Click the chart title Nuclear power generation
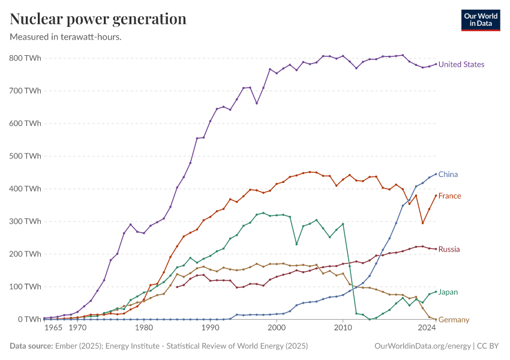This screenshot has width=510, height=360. click(x=98, y=19)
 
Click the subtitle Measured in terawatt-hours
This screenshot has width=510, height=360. click(x=66, y=37)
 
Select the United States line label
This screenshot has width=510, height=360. click(x=461, y=65)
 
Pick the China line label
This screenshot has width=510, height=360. click(x=448, y=175)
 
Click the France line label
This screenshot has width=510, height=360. click(x=449, y=196)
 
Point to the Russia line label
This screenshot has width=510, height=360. click(x=449, y=250)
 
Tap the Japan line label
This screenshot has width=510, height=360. click(x=448, y=292)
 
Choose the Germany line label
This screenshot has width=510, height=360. click(x=454, y=320)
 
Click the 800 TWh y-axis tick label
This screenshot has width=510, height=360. click(x=25, y=58)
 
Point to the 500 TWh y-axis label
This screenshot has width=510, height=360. click(x=25, y=156)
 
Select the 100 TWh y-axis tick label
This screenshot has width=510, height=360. click(x=25, y=287)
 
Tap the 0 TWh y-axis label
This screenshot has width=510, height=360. click(x=29, y=319)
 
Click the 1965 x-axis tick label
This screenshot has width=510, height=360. click(x=53, y=328)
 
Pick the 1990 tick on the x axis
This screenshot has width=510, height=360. click(x=210, y=328)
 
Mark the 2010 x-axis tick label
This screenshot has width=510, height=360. click(x=343, y=328)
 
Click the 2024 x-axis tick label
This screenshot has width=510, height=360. click(x=427, y=328)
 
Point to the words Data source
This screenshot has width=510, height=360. click(x=30, y=346)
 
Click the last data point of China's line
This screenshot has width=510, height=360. click(x=436, y=174)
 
